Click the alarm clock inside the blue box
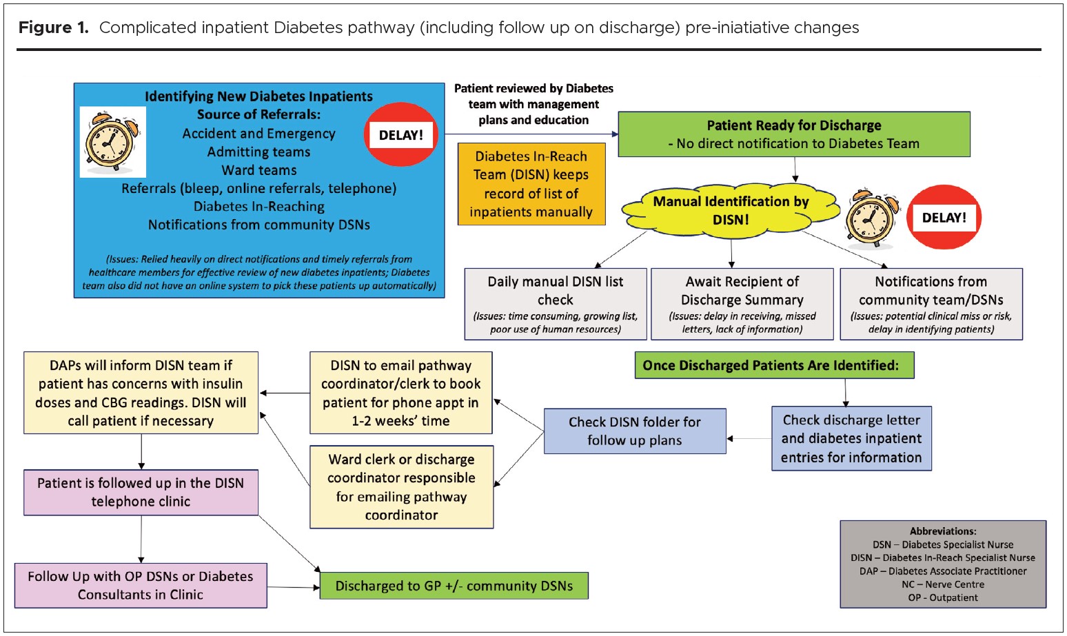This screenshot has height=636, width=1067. (x=112, y=142)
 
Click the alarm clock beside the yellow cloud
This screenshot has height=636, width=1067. (x=871, y=218)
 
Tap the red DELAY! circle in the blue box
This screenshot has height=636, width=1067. (x=401, y=135)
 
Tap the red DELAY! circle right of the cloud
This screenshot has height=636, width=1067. (x=944, y=217)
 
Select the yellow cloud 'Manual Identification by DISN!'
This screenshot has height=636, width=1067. (x=731, y=210)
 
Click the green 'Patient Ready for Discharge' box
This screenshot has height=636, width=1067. (x=793, y=134)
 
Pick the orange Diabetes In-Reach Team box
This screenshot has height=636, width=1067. (x=531, y=184)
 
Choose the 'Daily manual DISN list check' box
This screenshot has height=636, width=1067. (x=556, y=304)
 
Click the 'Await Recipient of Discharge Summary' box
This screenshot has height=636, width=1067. (x=742, y=304)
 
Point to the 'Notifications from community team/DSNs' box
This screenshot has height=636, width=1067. (x=931, y=304)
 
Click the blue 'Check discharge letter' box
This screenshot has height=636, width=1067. (x=851, y=438)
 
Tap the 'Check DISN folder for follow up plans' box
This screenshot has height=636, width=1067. (x=635, y=431)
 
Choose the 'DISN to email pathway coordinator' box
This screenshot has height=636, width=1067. (x=400, y=393)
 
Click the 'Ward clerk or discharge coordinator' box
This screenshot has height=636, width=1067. (x=401, y=487)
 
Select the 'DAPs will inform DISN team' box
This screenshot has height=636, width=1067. (x=141, y=393)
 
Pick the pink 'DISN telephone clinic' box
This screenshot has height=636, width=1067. (x=141, y=492)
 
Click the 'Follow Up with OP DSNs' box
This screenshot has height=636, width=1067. (x=141, y=585)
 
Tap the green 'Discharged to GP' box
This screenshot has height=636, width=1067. (x=454, y=586)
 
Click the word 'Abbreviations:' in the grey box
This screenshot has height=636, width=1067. (x=943, y=531)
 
